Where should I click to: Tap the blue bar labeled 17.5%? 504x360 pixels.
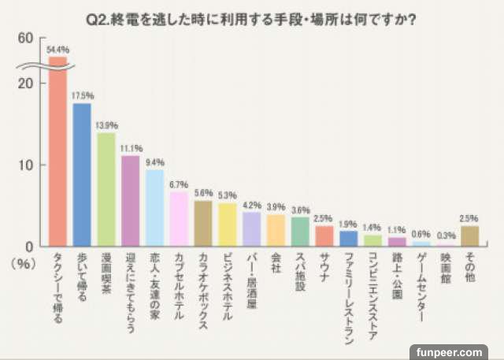82,173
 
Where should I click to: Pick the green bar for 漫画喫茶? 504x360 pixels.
106,189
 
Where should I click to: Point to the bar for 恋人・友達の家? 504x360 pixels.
155,207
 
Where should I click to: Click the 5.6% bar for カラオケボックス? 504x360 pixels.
203,223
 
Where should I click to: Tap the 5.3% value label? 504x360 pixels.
228,195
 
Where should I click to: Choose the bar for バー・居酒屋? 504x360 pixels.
252,228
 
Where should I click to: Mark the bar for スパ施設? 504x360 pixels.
300,231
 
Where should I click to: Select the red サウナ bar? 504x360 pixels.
324,236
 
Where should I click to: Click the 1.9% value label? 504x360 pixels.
349,223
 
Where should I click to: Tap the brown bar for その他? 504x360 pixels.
470,236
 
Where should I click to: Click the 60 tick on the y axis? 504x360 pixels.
27,38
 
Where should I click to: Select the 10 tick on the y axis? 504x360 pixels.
27,165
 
